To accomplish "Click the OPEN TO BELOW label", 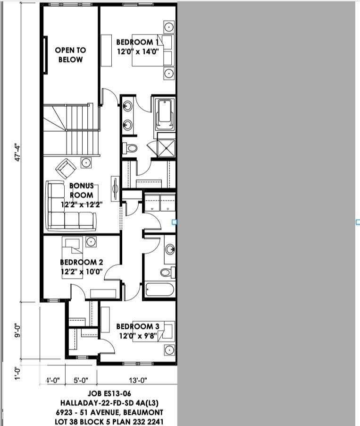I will (70, 55).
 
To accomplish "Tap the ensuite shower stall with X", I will (166, 144).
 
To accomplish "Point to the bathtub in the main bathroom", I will (159, 289).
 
